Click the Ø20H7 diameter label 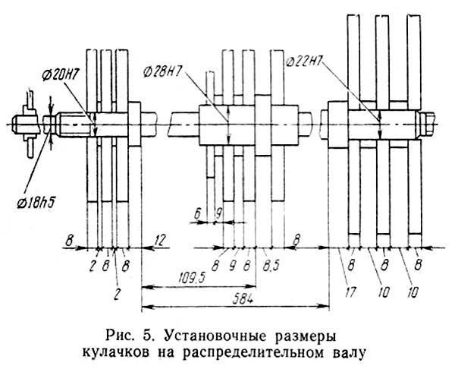pos(61,75)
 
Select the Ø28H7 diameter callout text pos(162,71)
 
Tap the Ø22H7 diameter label pos(304,61)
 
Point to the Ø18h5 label pos(36,203)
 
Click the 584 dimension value pos(243,299)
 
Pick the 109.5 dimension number pos(194,279)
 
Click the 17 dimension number pos(350,292)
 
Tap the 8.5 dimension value pos(271,265)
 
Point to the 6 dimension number pos(197,214)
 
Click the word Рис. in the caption pos(119,337)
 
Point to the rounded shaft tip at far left pos(14,125)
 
